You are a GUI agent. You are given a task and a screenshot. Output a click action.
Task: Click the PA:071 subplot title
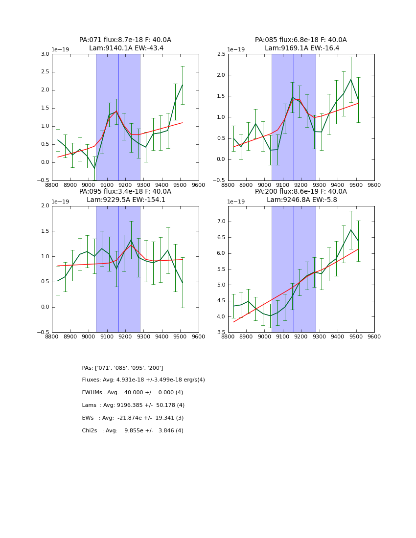coord(125,40)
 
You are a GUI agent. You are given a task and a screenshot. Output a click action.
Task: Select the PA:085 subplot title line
coord(300,40)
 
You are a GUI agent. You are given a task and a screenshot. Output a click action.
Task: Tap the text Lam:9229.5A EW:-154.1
coord(125,200)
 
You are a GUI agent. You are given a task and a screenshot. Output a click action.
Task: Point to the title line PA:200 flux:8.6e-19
coord(300,192)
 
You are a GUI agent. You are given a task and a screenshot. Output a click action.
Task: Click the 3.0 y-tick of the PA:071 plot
coord(45,54)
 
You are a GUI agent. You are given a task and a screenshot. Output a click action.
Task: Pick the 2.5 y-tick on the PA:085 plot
coord(221,54)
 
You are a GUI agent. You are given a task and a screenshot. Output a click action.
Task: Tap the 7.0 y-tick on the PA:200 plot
coord(221,222)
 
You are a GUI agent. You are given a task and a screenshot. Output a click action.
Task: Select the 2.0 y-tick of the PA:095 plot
coord(45,206)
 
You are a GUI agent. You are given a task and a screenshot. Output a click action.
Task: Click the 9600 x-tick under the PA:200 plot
coord(374,337)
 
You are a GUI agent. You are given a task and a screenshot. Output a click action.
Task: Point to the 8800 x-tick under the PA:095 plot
coord(52,337)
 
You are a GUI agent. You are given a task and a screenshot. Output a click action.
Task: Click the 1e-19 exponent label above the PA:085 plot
coord(236,50)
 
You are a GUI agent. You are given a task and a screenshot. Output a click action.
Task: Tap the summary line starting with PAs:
coord(122,368)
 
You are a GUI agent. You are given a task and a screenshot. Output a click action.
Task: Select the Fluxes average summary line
coord(143,380)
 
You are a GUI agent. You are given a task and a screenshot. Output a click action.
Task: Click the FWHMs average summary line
coord(132,393)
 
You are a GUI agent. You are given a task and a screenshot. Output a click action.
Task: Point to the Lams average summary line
coord(133,405)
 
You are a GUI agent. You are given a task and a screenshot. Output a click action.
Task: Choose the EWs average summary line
coord(133,418)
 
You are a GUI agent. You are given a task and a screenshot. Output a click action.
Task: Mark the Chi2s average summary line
coord(133,431)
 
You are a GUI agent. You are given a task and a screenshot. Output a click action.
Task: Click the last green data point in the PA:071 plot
coord(183,85)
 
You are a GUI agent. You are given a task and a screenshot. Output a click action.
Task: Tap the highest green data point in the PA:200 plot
coord(350,230)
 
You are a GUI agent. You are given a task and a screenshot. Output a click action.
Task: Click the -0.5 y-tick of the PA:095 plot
coord(44,332)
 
